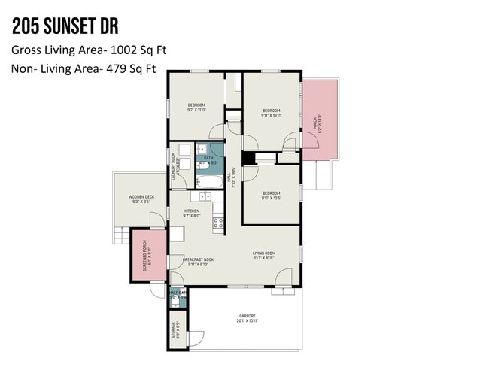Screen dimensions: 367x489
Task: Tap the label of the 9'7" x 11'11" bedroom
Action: coord(196,105)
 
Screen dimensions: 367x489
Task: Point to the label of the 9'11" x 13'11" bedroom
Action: coord(271,110)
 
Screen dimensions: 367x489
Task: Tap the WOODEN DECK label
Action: coord(141,197)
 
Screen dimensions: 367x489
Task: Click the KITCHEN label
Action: coord(192,211)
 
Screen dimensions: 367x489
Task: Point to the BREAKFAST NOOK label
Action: coord(197,261)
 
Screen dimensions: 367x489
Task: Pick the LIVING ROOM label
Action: coord(263,253)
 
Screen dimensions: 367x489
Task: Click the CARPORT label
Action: coord(248,316)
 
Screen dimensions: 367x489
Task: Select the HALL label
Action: coord(234,179)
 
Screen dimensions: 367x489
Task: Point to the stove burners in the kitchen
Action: coord(218,223)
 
